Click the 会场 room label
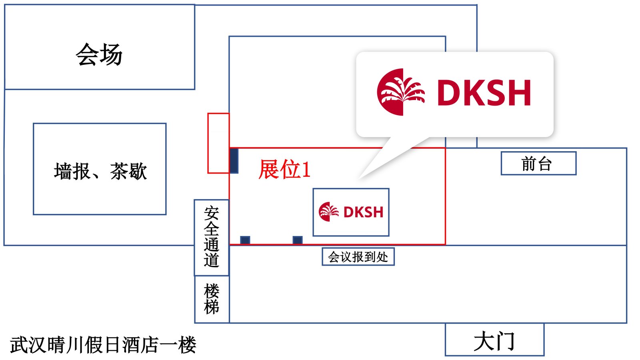click(99, 54)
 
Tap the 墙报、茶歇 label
click(100, 171)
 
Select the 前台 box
click(538, 163)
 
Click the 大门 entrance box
click(494, 340)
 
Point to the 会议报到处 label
click(358, 257)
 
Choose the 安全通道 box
click(211, 237)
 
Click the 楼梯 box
click(212, 299)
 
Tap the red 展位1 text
click(284, 169)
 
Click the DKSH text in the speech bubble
click(484, 93)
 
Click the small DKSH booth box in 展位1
click(351, 212)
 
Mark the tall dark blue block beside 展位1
click(234, 160)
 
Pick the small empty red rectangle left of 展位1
click(218, 143)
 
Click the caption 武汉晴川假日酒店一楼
click(103, 345)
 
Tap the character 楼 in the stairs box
click(212, 291)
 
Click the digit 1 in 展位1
click(306, 169)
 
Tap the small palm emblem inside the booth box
click(329, 212)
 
